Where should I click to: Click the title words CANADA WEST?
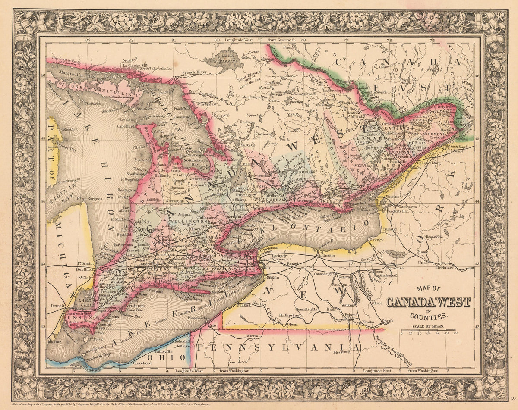coord(428,302)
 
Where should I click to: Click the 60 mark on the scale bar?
coord(455,332)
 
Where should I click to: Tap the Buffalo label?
coord(273,278)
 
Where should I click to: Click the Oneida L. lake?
coord(398,254)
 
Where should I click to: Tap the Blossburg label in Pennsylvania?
coord(341,352)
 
